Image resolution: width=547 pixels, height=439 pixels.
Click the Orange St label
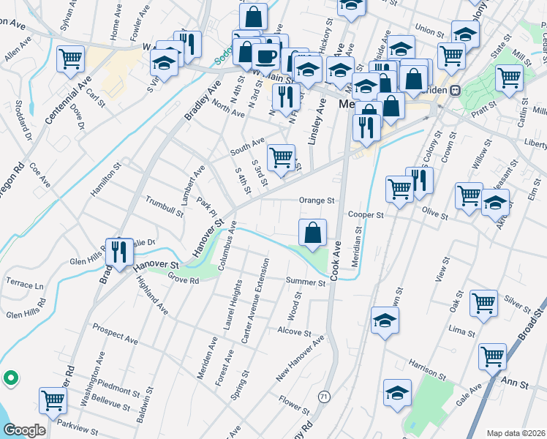[317, 200]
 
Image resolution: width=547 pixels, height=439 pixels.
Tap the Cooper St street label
[366, 215]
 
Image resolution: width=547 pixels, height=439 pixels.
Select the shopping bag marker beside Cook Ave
[313, 233]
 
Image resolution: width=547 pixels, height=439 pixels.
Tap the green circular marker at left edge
[10, 378]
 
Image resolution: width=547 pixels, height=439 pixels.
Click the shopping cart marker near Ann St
[493, 357]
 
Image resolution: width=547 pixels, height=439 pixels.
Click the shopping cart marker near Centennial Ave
[71, 59]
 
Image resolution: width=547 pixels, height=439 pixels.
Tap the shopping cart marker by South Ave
[282, 157]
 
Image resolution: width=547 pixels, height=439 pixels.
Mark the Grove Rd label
[183, 279]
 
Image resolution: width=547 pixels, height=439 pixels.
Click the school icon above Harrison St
[385, 321]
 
